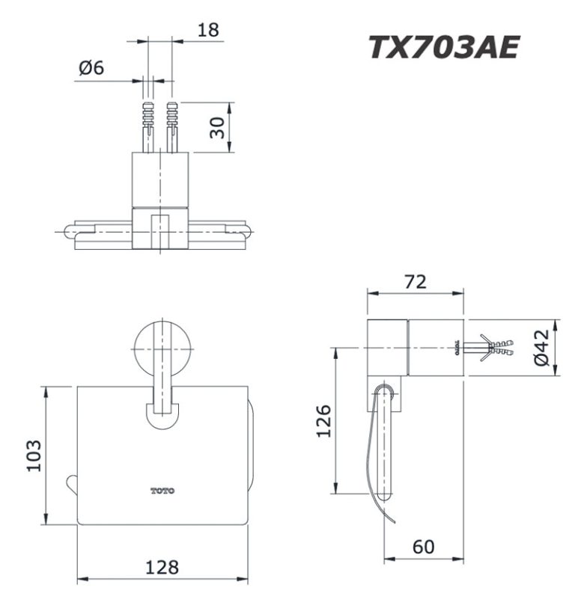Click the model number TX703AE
(443, 47)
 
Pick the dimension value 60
(423, 547)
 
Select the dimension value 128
(162, 567)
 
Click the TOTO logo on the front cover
(162, 491)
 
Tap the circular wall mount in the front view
(162, 348)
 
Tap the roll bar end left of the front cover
(71, 484)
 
